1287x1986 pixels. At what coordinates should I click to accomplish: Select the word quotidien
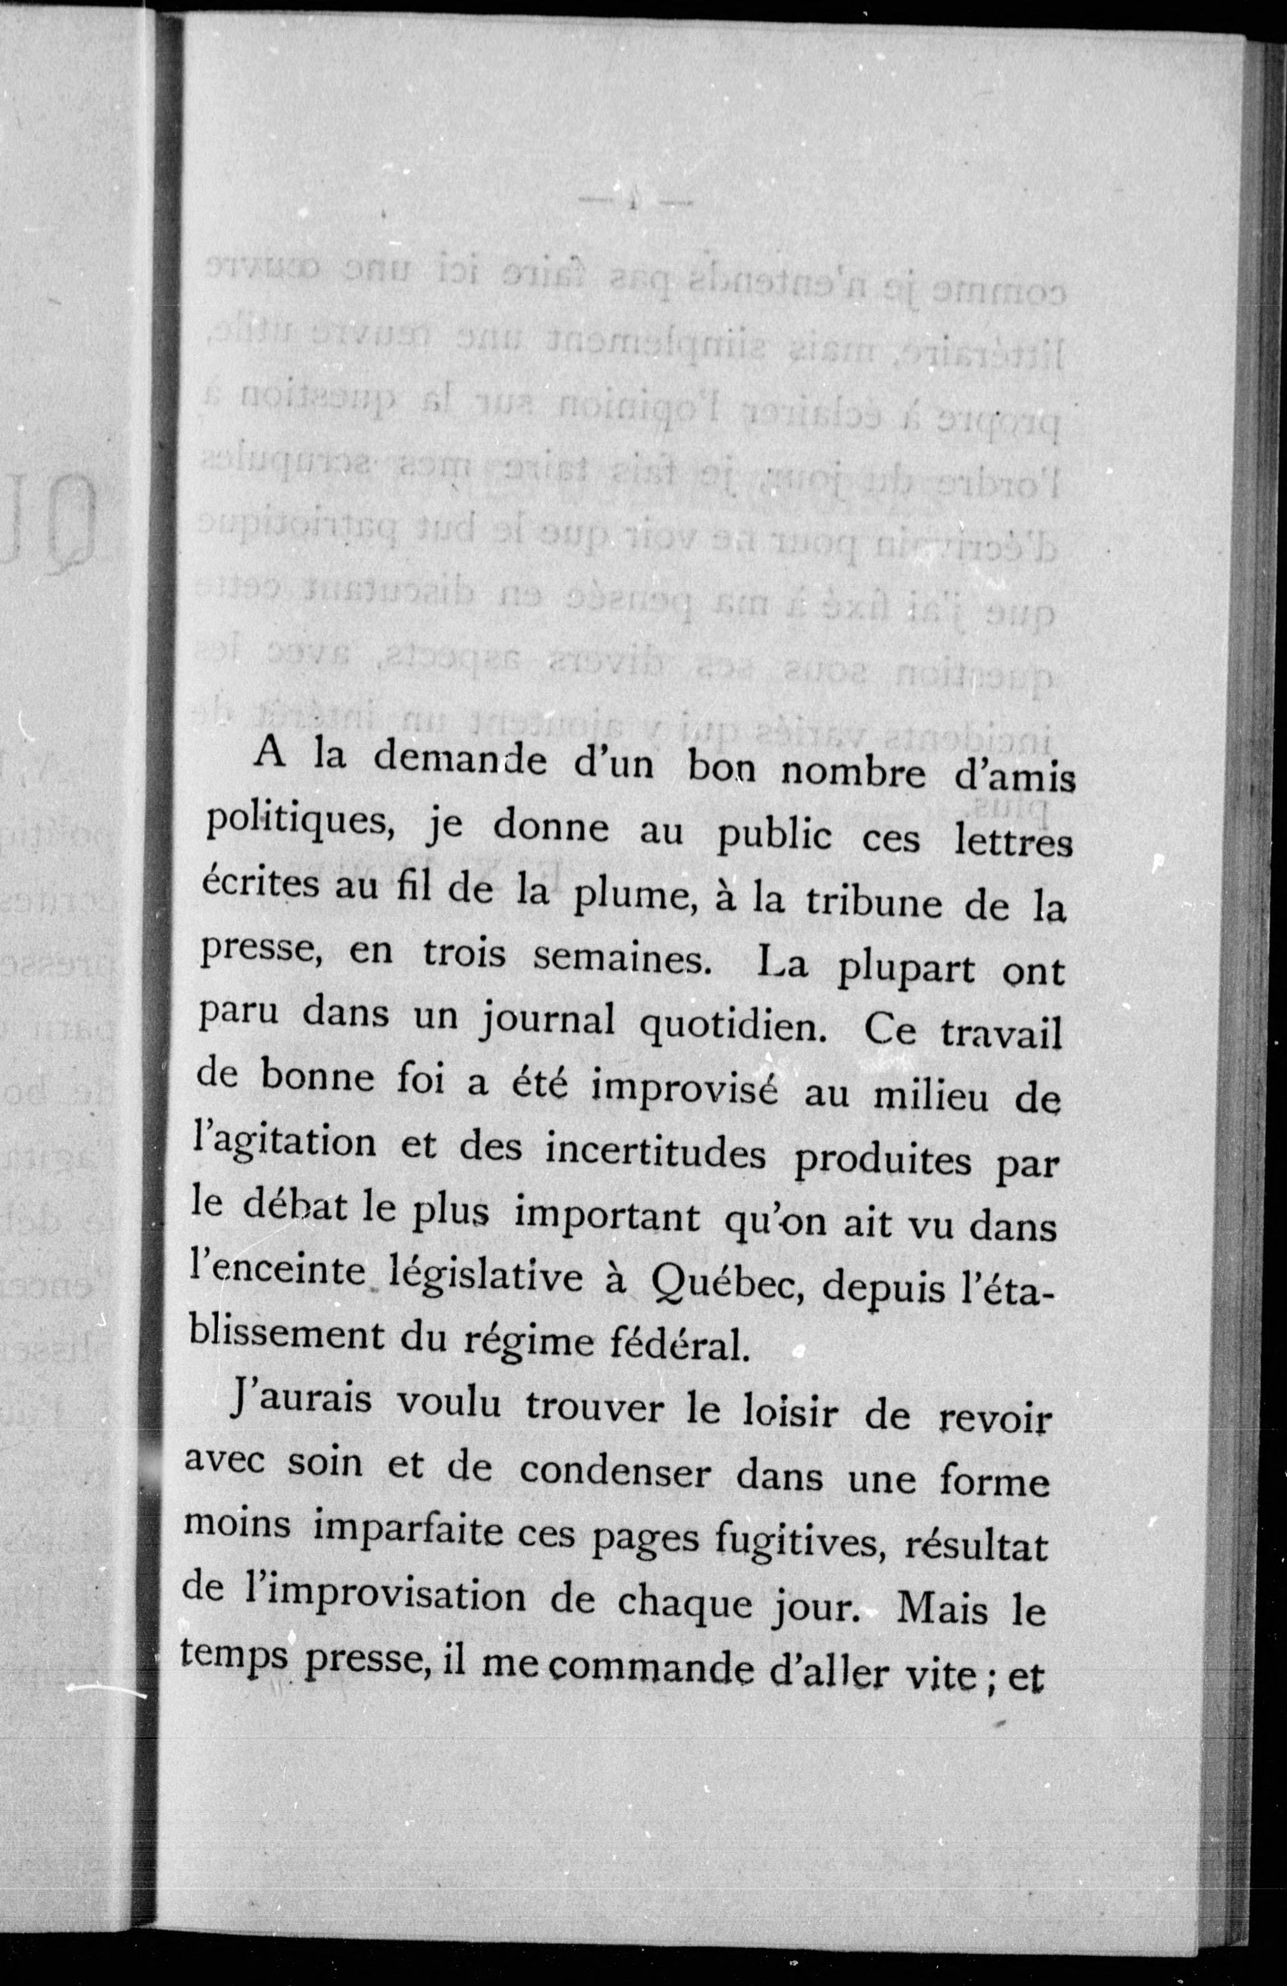(x=732, y=1026)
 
